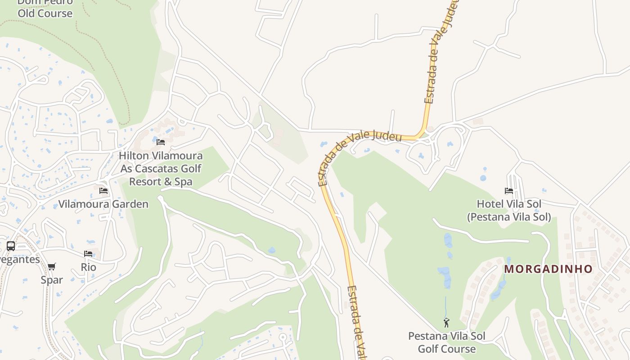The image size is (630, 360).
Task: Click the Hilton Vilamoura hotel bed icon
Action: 161,142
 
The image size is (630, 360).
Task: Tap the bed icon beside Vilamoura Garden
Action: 103,191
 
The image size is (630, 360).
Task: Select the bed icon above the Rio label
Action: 88,254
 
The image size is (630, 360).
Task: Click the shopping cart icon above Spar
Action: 52,267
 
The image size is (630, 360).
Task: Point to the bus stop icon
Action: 11,246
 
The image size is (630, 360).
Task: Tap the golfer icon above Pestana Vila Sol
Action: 446,323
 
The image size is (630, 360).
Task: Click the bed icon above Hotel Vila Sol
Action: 509,191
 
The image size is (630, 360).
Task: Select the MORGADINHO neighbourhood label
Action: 548,269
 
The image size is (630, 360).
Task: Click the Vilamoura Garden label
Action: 103,204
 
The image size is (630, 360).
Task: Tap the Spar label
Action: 52,279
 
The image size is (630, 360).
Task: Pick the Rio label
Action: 88,267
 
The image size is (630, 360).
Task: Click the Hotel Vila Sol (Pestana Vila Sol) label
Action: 509,210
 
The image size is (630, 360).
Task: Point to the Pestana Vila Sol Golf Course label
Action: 446,342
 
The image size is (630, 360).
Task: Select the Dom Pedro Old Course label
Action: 45,8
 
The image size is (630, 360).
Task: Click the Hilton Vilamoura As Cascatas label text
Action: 161,162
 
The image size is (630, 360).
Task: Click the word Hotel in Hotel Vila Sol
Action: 490,204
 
